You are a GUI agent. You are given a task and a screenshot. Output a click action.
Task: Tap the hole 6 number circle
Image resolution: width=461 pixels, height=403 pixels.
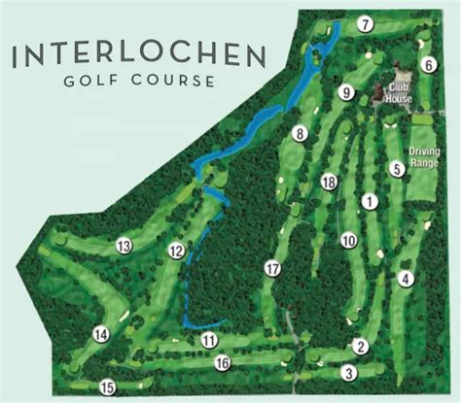426,65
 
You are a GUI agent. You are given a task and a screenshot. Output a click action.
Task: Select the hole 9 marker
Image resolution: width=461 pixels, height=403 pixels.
345,92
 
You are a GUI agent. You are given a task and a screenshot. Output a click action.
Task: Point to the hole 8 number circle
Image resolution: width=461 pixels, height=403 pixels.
300,133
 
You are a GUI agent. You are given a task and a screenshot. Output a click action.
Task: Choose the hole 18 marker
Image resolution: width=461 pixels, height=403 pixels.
329,183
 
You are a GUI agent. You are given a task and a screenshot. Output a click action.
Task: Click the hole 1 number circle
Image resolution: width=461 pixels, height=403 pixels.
369,201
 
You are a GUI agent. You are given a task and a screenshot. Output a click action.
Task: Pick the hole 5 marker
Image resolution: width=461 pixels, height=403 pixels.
397,169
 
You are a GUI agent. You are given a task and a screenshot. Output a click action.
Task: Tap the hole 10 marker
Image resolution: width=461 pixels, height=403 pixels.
347,240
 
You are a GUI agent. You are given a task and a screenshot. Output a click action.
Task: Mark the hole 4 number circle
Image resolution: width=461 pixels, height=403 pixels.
406,279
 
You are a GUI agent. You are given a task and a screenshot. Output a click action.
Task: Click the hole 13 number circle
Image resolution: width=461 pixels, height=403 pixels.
124,247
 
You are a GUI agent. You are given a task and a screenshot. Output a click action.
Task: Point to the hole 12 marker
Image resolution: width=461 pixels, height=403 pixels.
176,251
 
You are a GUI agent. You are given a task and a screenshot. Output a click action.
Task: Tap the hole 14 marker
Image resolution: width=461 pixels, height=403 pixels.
100,335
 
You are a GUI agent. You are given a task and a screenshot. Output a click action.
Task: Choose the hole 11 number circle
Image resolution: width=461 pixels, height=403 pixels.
209,340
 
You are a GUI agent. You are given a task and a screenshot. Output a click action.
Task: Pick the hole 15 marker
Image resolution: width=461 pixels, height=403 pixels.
108,386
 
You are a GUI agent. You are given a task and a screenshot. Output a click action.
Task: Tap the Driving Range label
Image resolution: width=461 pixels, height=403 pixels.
424,157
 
